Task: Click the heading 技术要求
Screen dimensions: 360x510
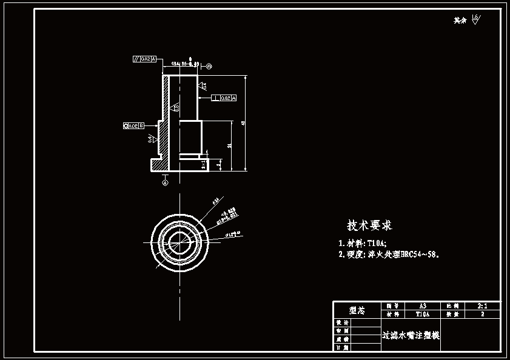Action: pyautogui.click(x=369, y=225)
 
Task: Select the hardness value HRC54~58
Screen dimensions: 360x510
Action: pyautogui.click(x=415, y=255)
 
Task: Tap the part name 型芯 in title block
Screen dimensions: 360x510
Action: pyautogui.click(x=357, y=310)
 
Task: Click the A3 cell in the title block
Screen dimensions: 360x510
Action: pyautogui.click(x=423, y=306)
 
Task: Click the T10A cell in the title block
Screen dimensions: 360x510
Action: pyautogui.click(x=423, y=315)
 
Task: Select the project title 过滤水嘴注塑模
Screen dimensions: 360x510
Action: pyautogui.click(x=411, y=335)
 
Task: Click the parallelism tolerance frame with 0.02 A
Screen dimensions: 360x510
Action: pyautogui.click(x=144, y=59)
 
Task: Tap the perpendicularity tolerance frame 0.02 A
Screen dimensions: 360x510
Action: pyautogui.click(x=224, y=98)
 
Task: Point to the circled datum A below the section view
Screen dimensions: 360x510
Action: pyautogui.click(x=165, y=181)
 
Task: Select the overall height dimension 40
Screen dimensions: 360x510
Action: pyautogui.click(x=243, y=123)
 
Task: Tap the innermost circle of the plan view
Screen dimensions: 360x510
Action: pyautogui.click(x=180, y=239)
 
